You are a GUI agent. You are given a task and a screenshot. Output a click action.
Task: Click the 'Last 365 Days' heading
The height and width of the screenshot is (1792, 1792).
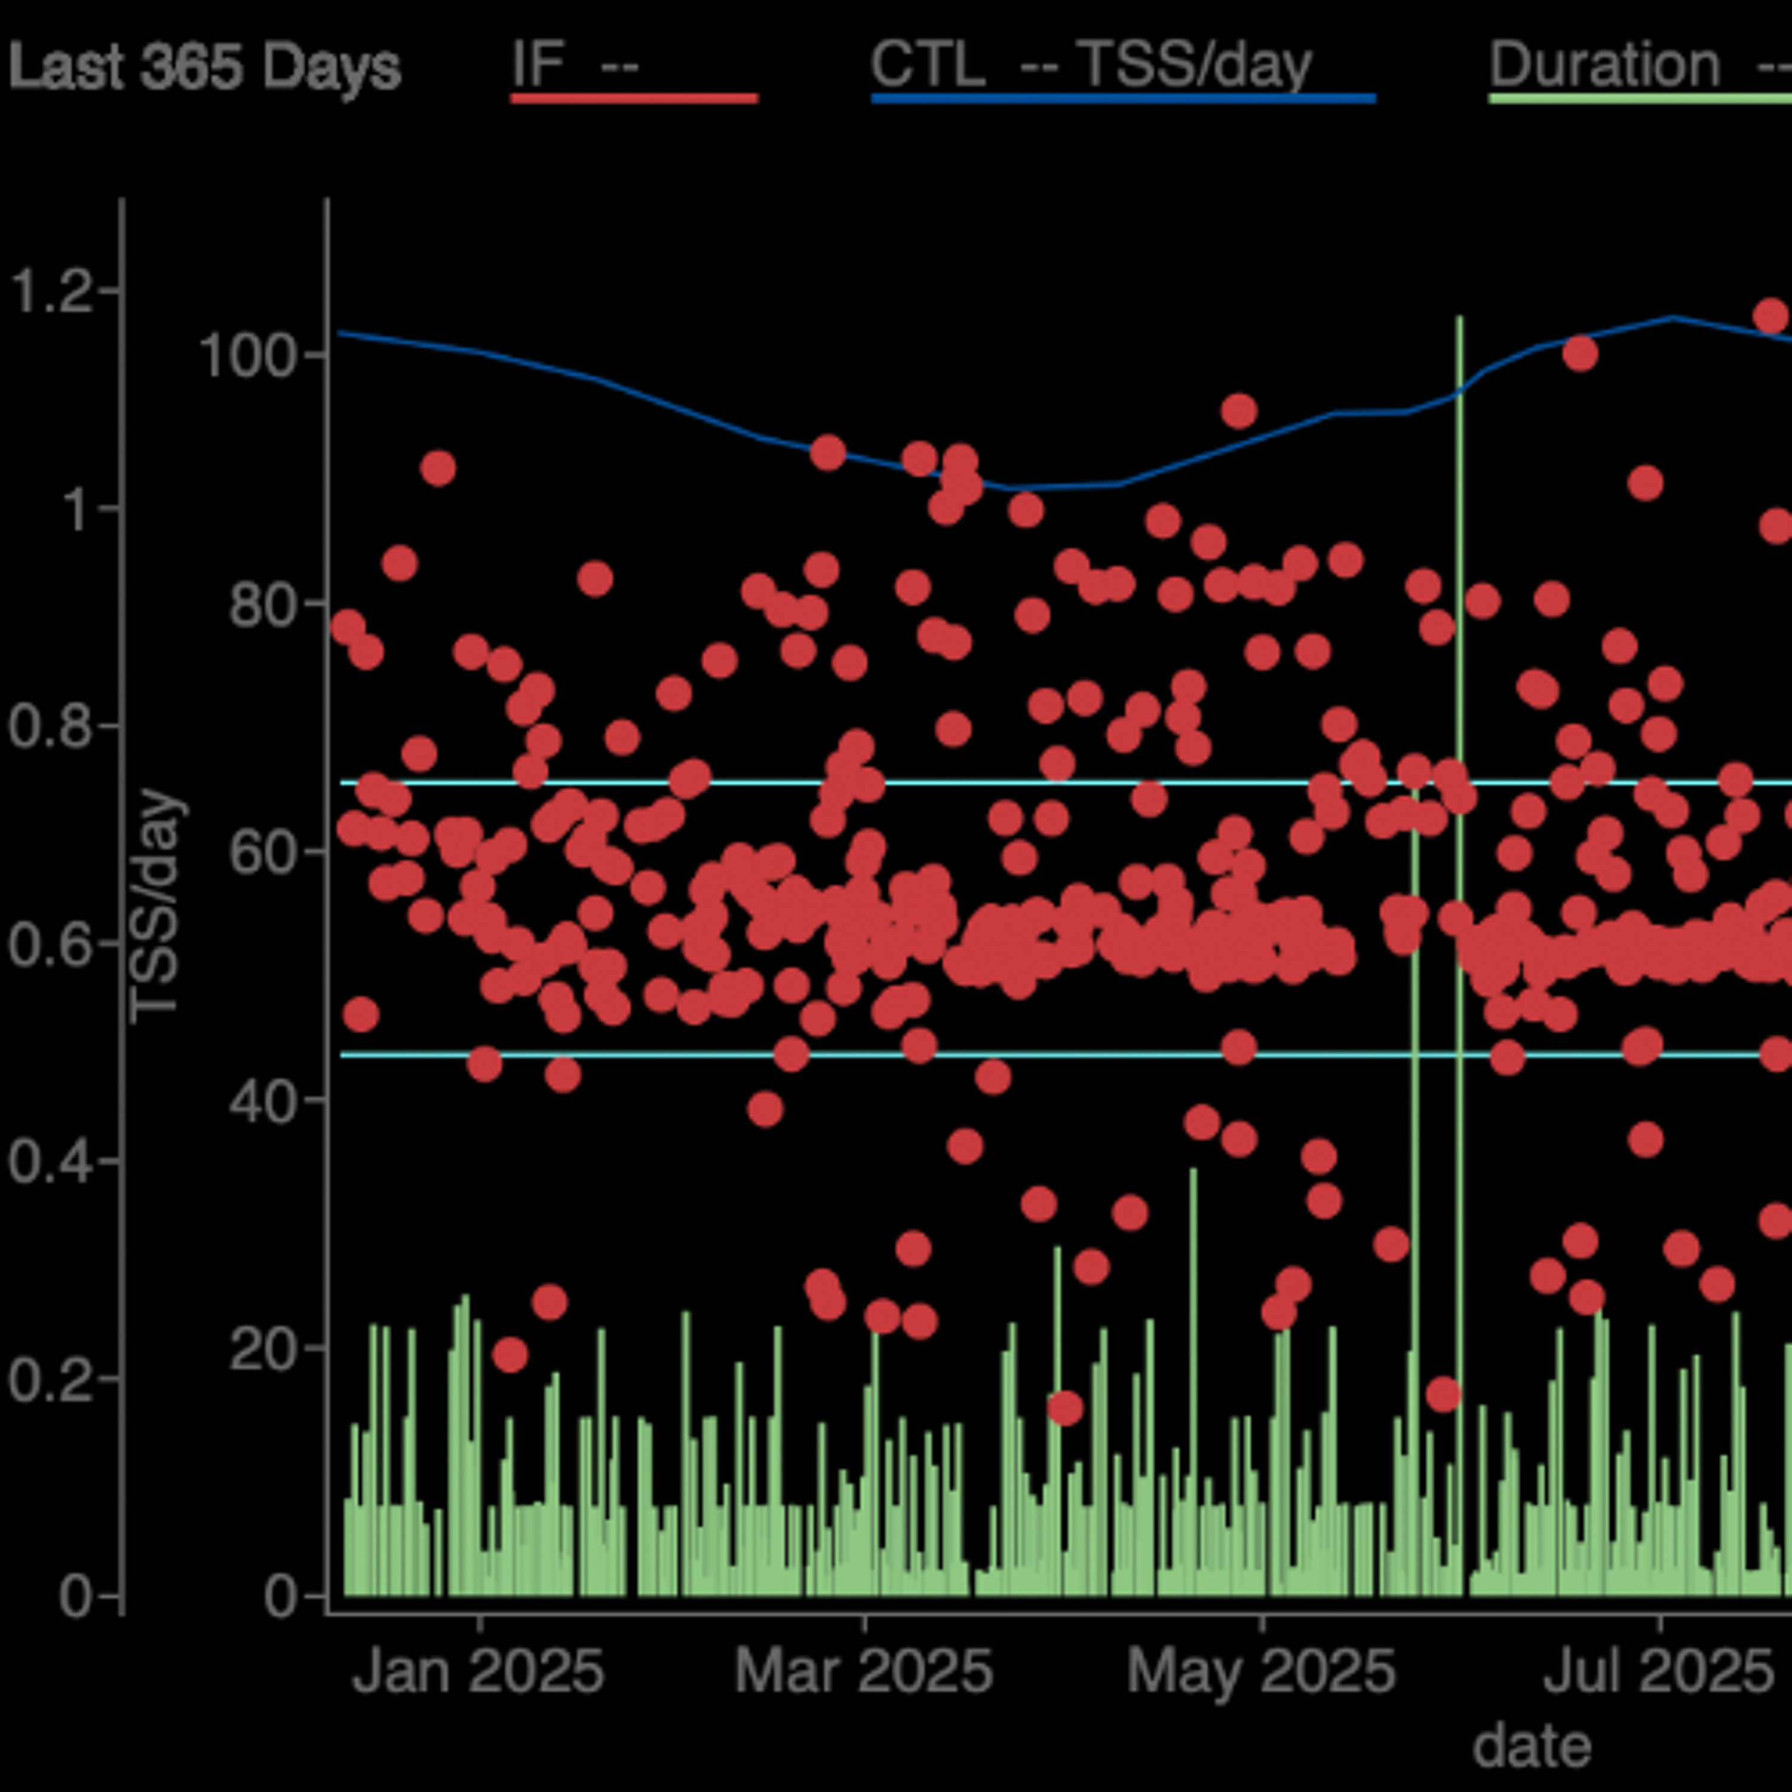(x=204, y=67)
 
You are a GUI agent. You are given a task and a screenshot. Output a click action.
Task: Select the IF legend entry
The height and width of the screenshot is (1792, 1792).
(x=575, y=65)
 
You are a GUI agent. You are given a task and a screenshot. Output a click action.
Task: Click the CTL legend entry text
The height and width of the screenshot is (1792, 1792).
(x=1091, y=65)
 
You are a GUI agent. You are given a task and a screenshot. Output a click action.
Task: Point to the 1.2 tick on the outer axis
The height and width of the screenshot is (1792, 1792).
(x=50, y=290)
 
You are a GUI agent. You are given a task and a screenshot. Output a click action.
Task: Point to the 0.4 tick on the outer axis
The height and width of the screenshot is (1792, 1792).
(x=50, y=1161)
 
